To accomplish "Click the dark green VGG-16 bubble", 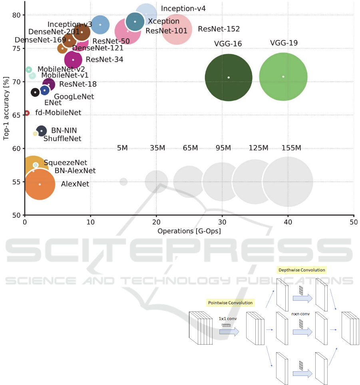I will [x=228, y=77].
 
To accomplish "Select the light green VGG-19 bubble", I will [x=283, y=77].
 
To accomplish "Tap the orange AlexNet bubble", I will [x=40, y=184].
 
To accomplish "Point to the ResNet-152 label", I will [x=219, y=29].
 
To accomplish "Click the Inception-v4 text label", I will [x=183, y=8].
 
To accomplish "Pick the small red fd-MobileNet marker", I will [x=27, y=113].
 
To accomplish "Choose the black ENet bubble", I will [x=35, y=92].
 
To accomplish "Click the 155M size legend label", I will [x=291, y=148].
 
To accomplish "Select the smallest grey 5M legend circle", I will [x=123, y=182].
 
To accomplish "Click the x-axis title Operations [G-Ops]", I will [x=189, y=231].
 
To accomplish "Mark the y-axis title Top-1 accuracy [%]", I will [x=6, y=109].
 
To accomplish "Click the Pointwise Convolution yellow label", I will [x=231, y=303].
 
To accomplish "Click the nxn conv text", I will [x=300, y=314].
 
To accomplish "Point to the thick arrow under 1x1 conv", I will [x=229, y=332].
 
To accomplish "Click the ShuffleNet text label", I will [x=62, y=139].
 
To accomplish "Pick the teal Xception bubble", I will [x=135, y=22].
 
